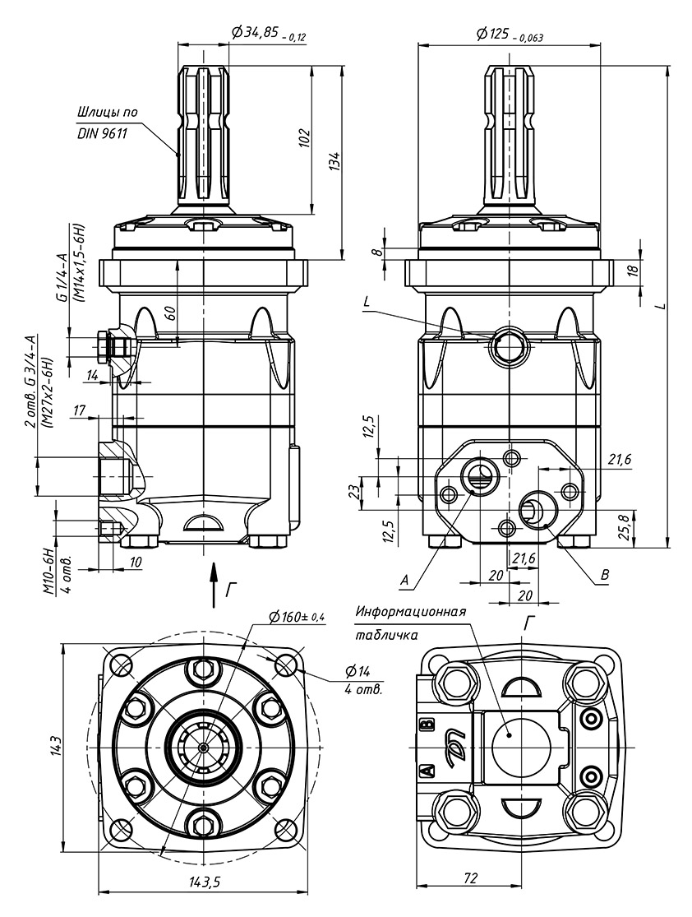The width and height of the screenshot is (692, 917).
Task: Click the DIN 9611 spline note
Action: (102, 133)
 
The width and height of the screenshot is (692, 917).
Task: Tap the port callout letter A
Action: (404, 580)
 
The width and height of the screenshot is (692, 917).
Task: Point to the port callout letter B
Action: (606, 575)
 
